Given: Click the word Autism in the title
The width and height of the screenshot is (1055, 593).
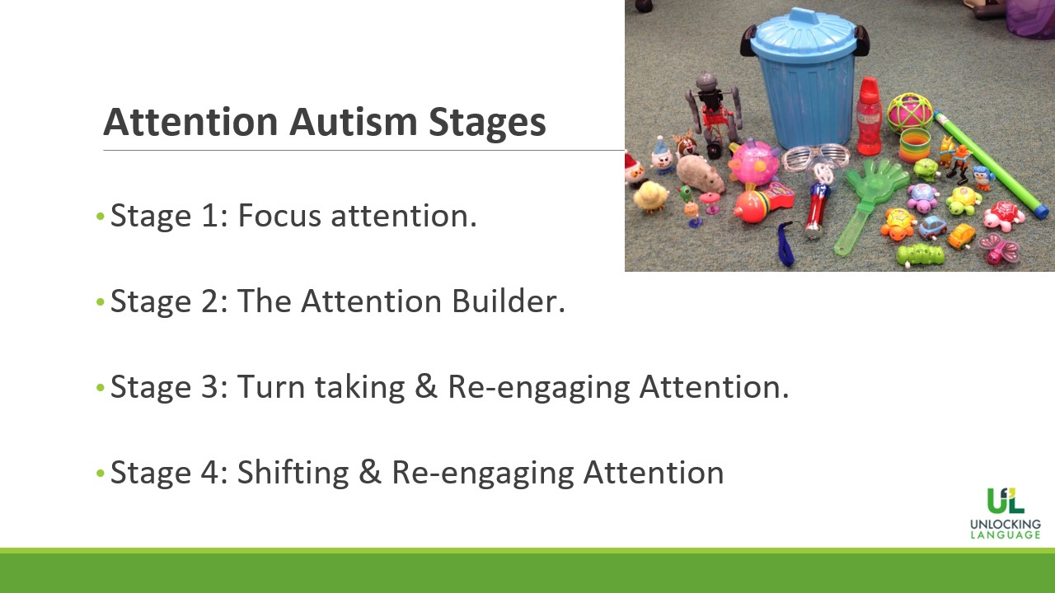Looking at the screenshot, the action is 353,121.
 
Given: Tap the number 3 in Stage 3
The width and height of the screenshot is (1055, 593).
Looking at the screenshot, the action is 209,387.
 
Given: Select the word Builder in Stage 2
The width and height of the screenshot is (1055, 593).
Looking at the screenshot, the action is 509,301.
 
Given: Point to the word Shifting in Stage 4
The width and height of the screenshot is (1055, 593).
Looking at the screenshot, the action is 293,473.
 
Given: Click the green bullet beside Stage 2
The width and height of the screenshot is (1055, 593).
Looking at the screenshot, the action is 100,301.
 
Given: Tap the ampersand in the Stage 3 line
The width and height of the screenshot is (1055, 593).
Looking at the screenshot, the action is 426,387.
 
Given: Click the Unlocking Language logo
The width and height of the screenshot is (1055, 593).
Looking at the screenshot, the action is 1005,513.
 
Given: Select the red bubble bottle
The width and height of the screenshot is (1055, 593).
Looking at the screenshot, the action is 869,116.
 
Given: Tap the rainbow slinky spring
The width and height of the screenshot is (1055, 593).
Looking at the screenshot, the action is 915,146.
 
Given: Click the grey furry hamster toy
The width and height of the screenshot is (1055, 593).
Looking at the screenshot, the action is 700,174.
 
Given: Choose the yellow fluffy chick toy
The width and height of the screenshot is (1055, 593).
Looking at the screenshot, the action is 650,196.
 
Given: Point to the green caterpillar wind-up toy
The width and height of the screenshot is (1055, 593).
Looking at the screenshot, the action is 920,255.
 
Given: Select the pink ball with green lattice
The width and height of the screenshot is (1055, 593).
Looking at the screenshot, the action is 910,114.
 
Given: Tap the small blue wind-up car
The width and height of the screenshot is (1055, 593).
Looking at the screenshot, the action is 931,227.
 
